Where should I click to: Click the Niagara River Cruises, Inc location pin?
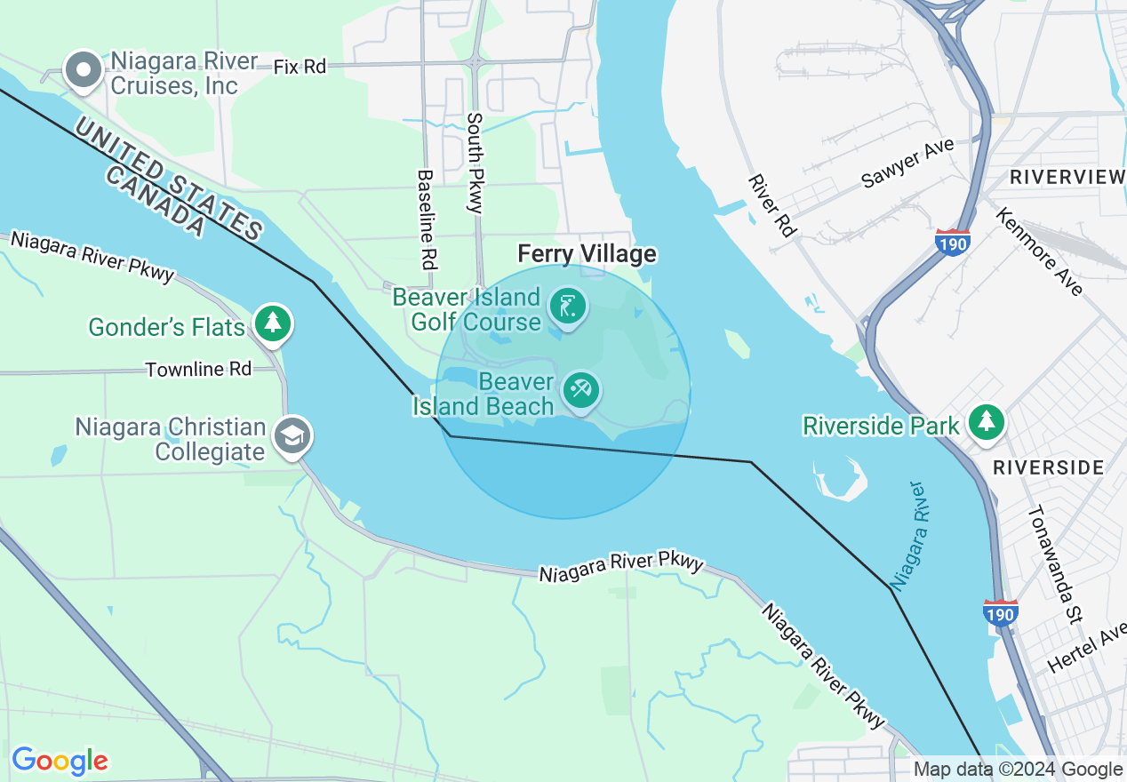84,70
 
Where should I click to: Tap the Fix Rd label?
300,67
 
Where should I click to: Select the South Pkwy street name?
476,162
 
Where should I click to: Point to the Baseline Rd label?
427,219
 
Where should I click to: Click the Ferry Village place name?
587,254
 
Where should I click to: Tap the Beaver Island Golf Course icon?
567,307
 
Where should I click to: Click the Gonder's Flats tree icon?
273,323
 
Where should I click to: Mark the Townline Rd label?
198,369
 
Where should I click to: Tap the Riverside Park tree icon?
985,420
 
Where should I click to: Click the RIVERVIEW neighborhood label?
1067,177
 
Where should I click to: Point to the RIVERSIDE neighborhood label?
1048,467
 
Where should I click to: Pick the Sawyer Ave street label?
907,163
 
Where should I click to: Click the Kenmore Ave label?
1039,251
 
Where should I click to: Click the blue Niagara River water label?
911,536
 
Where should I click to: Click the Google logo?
60,761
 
